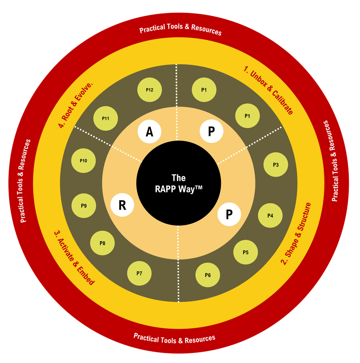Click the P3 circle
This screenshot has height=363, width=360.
276,165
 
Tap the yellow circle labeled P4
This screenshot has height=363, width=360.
270,215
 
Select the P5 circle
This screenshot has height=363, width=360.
246,252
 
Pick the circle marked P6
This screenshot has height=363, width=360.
208,275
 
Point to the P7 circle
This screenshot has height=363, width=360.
139,273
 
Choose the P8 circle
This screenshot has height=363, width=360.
102,243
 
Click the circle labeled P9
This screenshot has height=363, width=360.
83,206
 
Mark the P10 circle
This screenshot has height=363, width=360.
83,161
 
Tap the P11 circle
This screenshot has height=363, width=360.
106,118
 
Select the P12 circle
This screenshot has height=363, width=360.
150,90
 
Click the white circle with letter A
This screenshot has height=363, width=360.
150,131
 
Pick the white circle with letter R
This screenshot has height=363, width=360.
122,205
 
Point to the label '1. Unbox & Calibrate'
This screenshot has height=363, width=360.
269,90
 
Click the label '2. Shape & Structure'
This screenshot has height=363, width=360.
295,234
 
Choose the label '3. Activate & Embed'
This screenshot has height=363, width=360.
74,258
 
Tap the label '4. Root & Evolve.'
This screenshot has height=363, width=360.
75,104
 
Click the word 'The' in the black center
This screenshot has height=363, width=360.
179,178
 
